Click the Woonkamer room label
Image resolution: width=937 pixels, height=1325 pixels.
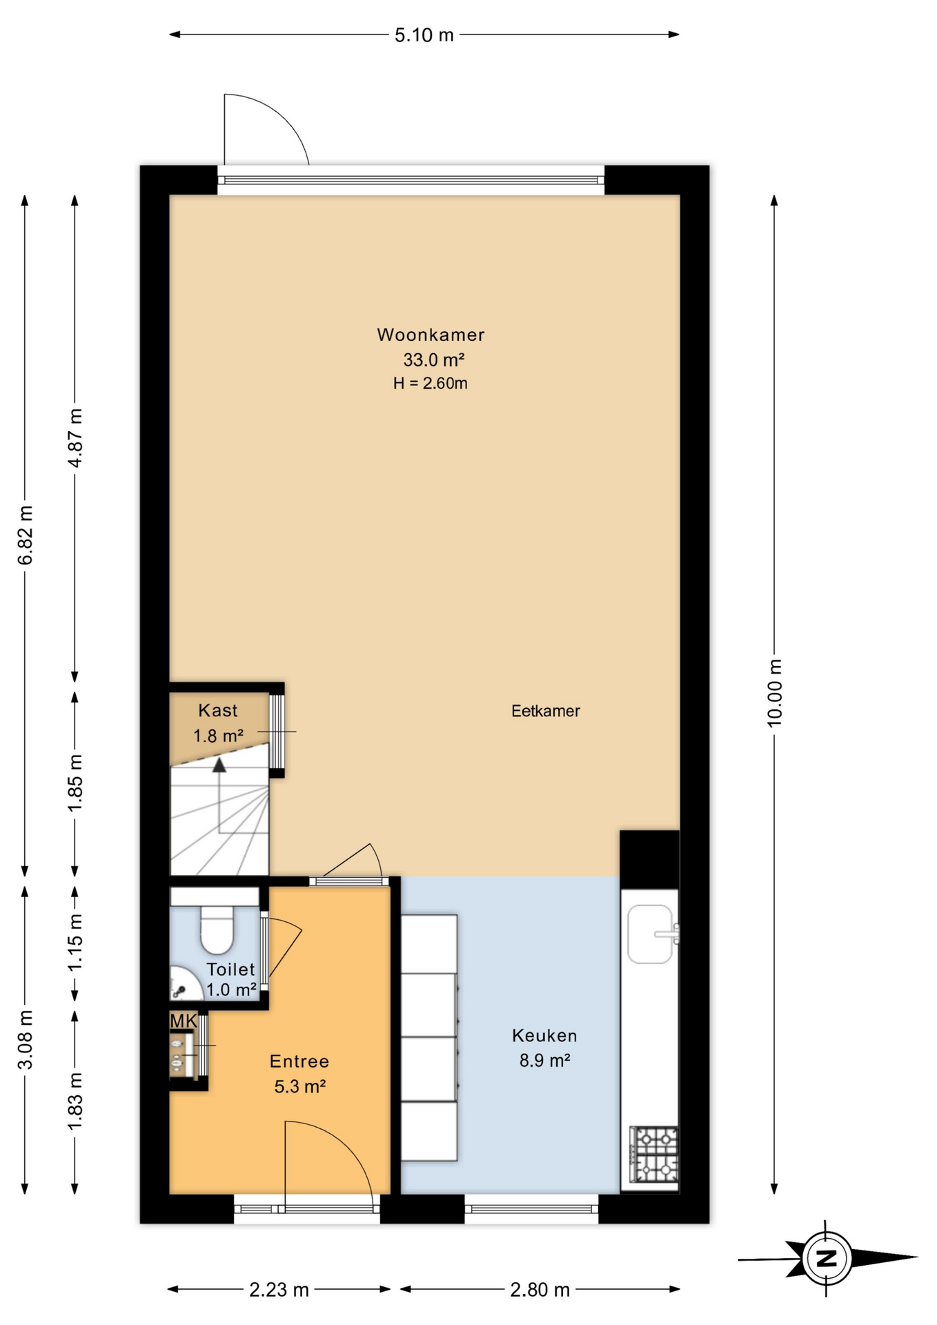click(x=431, y=335)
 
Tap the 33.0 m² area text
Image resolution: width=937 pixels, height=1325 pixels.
click(x=433, y=360)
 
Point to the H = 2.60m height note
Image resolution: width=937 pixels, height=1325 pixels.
click(x=431, y=384)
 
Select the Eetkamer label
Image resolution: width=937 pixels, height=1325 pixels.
click(x=545, y=711)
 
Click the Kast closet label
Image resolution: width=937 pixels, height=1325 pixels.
click(x=218, y=710)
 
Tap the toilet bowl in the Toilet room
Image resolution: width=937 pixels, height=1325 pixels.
click(x=217, y=930)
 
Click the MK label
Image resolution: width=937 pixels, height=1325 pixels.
click(x=184, y=1021)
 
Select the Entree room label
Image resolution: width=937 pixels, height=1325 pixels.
click(x=299, y=1061)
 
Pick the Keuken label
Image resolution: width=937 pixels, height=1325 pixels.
click(x=544, y=1035)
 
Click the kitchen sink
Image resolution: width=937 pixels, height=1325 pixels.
click(x=651, y=934)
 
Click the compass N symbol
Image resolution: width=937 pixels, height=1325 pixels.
click(x=827, y=1258)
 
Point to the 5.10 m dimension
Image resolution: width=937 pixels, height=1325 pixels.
click(x=424, y=35)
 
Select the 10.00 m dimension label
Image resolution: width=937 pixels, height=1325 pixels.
click(x=775, y=692)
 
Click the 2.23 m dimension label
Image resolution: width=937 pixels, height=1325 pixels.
click(x=279, y=1289)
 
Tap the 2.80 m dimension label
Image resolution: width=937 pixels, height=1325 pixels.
click(x=540, y=1289)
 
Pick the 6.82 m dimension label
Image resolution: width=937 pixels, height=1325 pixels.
click(x=26, y=535)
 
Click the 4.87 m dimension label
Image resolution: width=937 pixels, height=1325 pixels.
click(x=75, y=438)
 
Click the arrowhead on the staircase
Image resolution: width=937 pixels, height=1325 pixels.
click(x=219, y=765)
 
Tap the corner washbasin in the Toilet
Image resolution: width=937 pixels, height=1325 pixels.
click(x=182, y=985)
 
